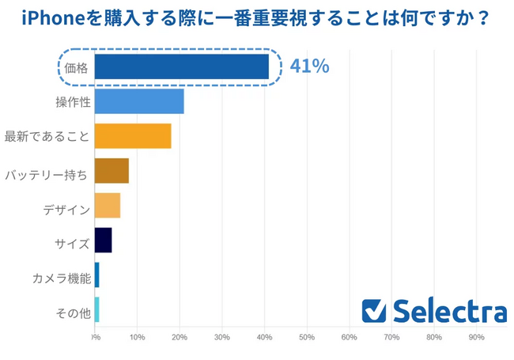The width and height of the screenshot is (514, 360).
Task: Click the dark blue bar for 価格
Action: click(x=181, y=67)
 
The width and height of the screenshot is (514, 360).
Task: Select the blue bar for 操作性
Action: click(x=139, y=101)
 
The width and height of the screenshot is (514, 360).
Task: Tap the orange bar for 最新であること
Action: click(x=133, y=136)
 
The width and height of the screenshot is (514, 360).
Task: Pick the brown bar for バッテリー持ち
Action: click(x=111, y=171)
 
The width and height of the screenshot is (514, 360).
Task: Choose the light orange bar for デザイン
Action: click(x=108, y=205)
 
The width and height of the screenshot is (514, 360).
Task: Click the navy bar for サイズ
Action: click(x=103, y=240)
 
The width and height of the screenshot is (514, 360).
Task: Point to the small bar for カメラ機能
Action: click(x=96, y=275)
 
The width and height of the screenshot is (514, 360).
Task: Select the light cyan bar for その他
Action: click(x=96, y=309)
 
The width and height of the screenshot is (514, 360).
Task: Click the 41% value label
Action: click(x=309, y=66)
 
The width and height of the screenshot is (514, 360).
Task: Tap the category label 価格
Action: click(x=77, y=68)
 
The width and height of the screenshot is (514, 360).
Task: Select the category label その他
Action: click(x=74, y=313)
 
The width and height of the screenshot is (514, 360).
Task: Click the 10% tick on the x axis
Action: click(x=137, y=338)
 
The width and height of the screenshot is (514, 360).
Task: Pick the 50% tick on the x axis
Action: click(x=307, y=338)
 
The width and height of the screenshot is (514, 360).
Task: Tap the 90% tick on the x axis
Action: click(x=477, y=338)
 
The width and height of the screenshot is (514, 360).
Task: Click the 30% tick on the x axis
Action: click(x=221, y=338)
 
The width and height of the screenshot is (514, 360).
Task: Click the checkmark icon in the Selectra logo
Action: click(x=373, y=311)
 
